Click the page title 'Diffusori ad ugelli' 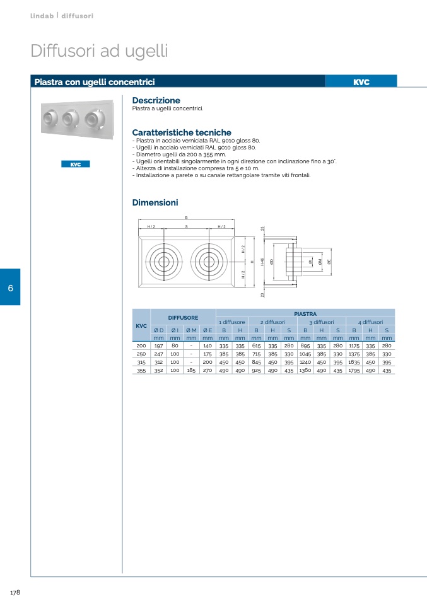click(x=99, y=51)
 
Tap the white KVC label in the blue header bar click(x=361, y=82)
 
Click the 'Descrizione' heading click(x=156, y=100)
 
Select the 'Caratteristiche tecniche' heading click(x=182, y=132)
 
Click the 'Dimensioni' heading click(x=155, y=202)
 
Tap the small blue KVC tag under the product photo click(x=76, y=164)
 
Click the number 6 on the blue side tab click(x=10, y=287)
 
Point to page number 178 click(x=15, y=592)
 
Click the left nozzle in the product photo click(x=50, y=117)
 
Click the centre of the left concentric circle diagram click(x=164, y=262)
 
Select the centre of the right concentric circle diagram click(x=209, y=262)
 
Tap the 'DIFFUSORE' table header click(x=183, y=318)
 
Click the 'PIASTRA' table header click(x=305, y=314)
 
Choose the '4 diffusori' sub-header click(x=370, y=322)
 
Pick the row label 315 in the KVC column click(x=141, y=363)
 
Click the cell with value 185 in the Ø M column click(x=191, y=371)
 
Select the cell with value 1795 click(x=354, y=371)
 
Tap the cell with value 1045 click(x=305, y=354)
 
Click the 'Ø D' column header click(x=159, y=330)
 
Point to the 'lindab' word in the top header click(x=42, y=16)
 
